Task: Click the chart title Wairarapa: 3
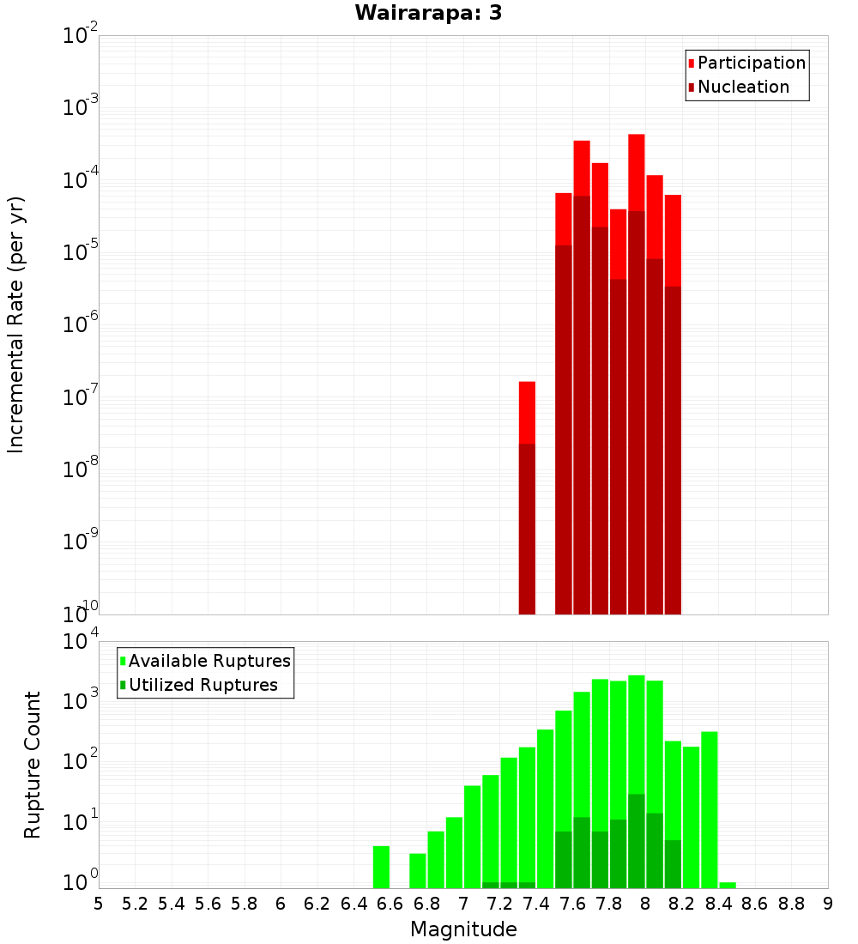point(422,13)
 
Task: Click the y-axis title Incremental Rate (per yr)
point(16,324)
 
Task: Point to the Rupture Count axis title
point(33,765)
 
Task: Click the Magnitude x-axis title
point(463,929)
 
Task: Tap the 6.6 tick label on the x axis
point(390,904)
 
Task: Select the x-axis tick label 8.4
point(718,904)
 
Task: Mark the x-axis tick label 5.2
point(135,904)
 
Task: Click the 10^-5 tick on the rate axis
point(82,252)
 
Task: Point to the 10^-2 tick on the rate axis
point(82,36)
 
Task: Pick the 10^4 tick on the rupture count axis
point(82,642)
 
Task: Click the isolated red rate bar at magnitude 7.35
point(527,498)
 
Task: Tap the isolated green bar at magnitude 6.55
point(381,867)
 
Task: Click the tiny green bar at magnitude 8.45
point(728,885)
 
